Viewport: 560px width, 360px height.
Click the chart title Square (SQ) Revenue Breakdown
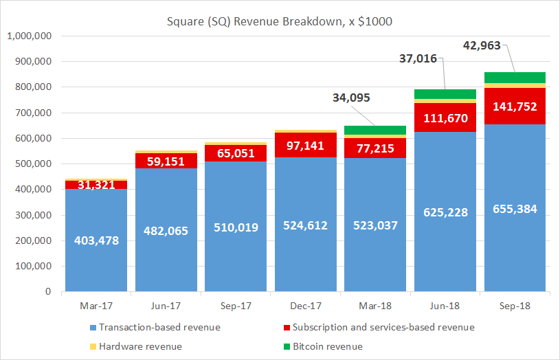pyautogui.click(x=280, y=21)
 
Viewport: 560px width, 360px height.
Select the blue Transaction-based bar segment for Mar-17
pyautogui.click(x=96, y=261)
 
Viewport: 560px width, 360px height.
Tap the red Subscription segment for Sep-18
pyautogui.click(x=515, y=106)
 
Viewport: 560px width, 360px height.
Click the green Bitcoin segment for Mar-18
pyautogui.click(x=375, y=130)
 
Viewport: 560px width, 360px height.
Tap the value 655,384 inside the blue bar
pyautogui.click(x=515, y=208)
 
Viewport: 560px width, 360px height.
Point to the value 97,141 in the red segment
pyautogui.click(x=305, y=146)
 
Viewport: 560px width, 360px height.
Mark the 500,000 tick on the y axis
pyautogui.click(x=34, y=164)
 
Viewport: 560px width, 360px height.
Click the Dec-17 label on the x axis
pyautogui.click(x=305, y=304)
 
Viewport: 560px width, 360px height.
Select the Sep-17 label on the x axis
pyautogui.click(x=235, y=304)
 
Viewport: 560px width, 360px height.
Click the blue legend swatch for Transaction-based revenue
pyautogui.click(x=92, y=328)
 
